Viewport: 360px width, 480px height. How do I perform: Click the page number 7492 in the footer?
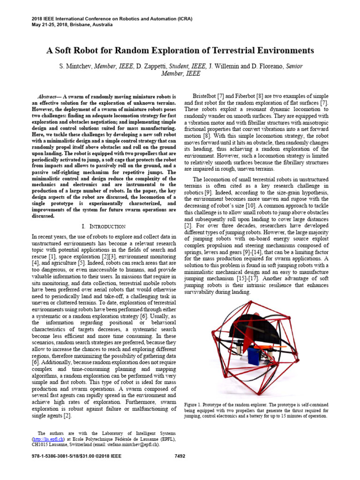click(180, 456)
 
